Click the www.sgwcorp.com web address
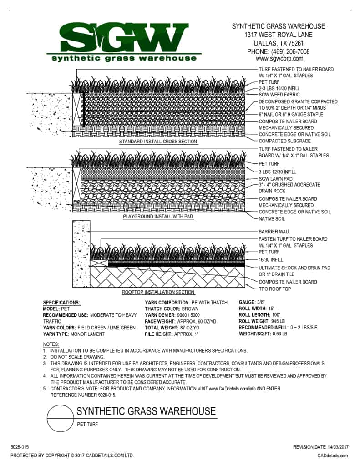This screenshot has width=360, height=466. [x=279, y=59]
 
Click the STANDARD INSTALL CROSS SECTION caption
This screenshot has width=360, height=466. [x=158, y=142]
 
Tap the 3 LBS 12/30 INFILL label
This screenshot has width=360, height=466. [x=277, y=172]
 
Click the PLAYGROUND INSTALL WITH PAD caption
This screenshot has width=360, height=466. [x=158, y=217]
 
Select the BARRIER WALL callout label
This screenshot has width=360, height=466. [x=274, y=232]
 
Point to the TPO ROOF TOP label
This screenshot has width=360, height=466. [x=274, y=289]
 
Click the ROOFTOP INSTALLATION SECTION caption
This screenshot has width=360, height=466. [x=158, y=292]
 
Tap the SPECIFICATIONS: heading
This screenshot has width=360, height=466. [x=61, y=303]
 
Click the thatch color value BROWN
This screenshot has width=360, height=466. [x=191, y=309]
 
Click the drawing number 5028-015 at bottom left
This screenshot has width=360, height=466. [x=19, y=448]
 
